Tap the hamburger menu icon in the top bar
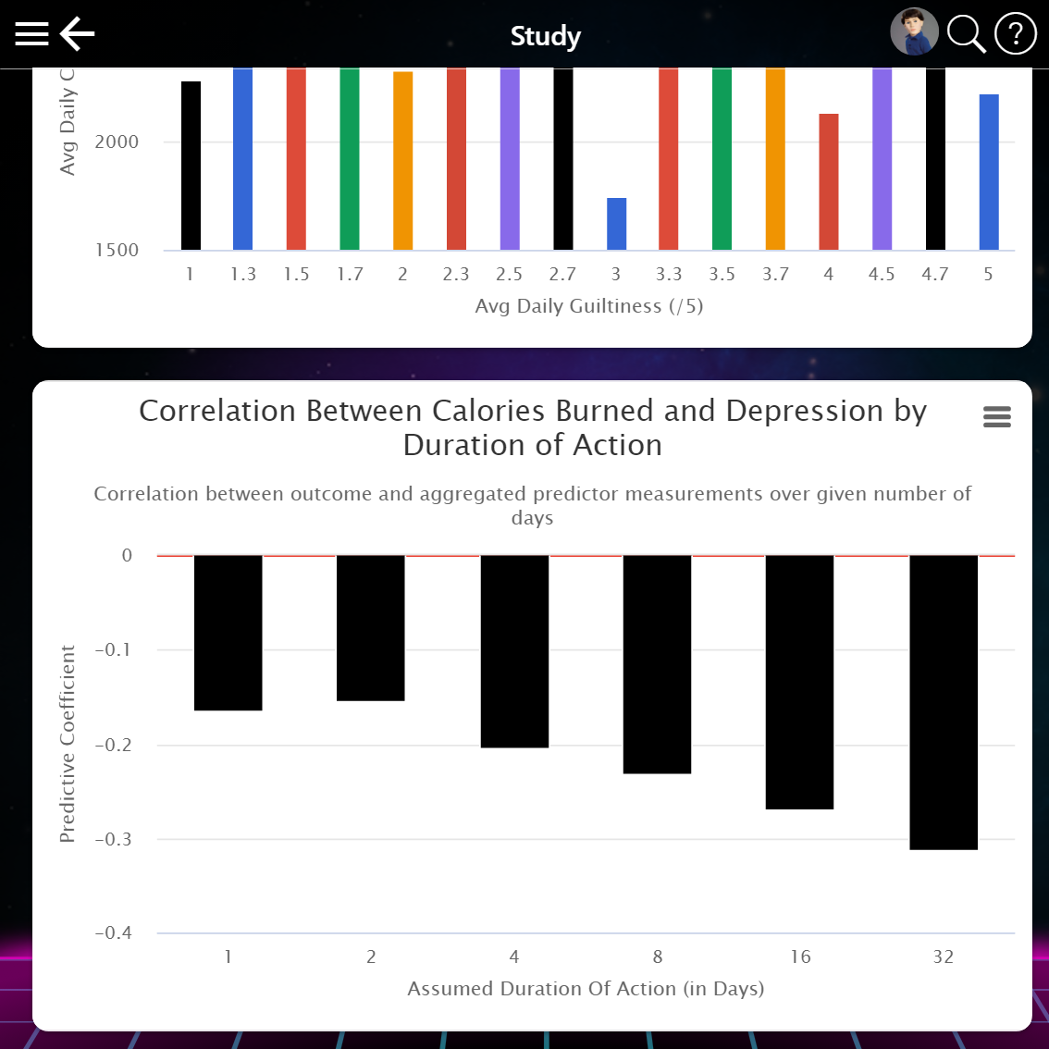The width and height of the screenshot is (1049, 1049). pyautogui.click(x=31, y=34)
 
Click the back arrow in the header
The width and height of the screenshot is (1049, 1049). pyautogui.click(x=78, y=34)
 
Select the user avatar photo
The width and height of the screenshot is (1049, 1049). pyautogui.click(x=914, y=32)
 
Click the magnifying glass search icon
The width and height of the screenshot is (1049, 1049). pyautogui.click(x=966, y=34)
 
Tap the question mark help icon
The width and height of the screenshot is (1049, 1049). pyautogui.click(x=1015, y=34)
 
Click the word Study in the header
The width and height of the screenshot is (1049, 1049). pyautogui.click(x=546, y=36)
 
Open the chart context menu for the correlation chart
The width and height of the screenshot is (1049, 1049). pyautogui.click(x=996, y=417)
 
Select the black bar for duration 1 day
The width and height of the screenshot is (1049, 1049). pyautogui.click(x=228, y=633)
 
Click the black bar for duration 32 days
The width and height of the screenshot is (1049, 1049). pyautogui.click(x=944, y=702)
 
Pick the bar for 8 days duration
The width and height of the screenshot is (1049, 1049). pyautogui.click(x=657, y=664)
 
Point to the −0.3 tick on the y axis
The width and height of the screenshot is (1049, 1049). pyautogui.click(x=114, y=839)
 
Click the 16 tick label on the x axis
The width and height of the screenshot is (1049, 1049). pyautogui.click(x=800, y=956)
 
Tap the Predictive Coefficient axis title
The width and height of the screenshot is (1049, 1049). pyautogui.click(x=68, y=744)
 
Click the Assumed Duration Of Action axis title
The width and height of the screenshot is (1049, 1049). pyautogui.click(x=586, y=989)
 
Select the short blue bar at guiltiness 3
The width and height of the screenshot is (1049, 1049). pyautogui.click(x=616, y=224)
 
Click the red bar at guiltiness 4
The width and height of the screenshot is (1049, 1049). pyautogui.click(x=829, y=181)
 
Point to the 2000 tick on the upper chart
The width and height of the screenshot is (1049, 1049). pyautogui.click(x=117, y=142)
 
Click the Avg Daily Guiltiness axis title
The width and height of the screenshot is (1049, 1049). pyautogui.click(x=588, y=306)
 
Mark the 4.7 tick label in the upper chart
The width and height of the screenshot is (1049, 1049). pyautogui.click(x=935, y=274)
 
